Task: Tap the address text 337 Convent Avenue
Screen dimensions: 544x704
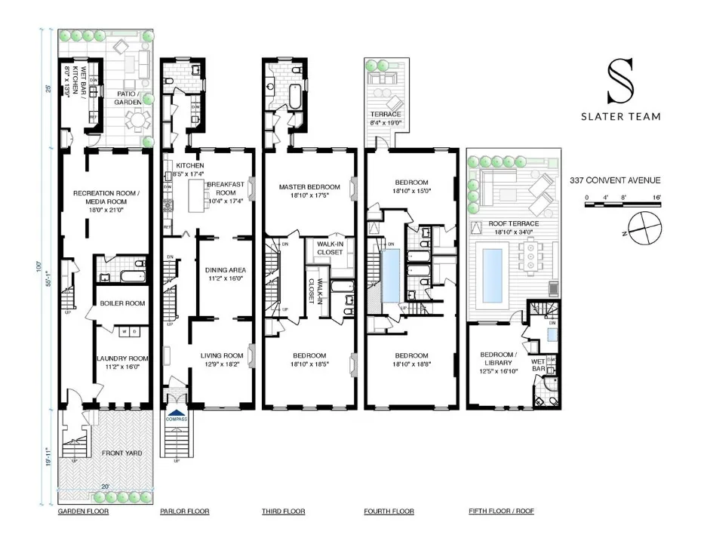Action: pos(615,180)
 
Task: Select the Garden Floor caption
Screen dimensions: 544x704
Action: pos(83,512)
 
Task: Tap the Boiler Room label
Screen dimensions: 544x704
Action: pos(122,304)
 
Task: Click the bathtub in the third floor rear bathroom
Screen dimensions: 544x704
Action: pos(294,97)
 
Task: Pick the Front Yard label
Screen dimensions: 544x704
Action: pos(122,453)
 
